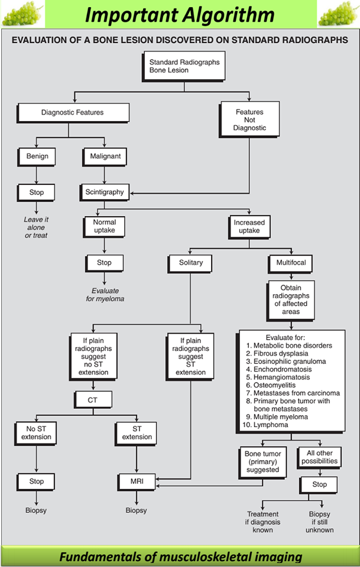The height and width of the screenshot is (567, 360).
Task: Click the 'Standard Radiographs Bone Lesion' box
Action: [x=184, y=66]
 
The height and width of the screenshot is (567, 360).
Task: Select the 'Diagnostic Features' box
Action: [x=73, y=112]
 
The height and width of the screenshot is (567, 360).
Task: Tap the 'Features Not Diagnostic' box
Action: [x=251, y=119]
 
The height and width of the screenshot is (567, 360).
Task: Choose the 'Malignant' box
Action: [x=105, y=157]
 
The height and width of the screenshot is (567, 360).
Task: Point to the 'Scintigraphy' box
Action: [x=105, y=192]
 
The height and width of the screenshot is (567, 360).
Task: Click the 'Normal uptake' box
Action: [x=104, y=227]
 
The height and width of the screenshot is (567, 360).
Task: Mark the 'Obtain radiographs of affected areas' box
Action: [x=290, y=299]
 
